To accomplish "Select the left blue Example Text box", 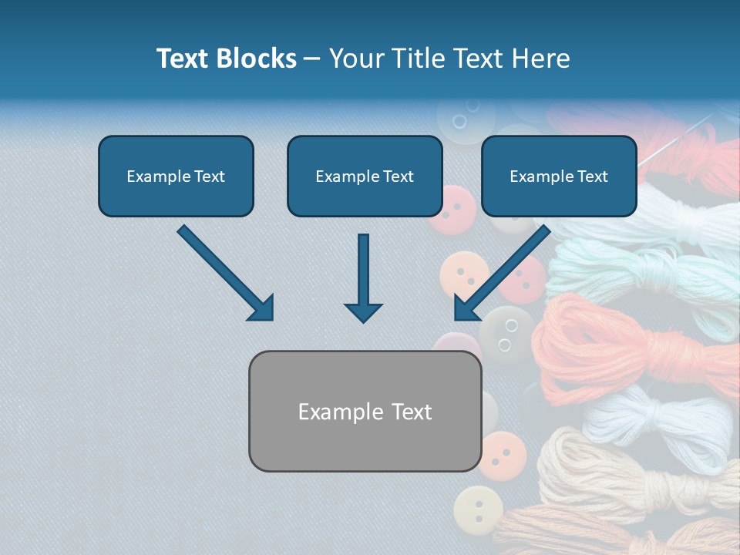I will [176, 176].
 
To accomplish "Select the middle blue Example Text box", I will [365, 176].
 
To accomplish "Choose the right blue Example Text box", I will [559, 176].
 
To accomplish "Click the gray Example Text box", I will [365, 411].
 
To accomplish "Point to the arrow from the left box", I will [226, 273].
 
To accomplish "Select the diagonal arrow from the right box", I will [501, 273].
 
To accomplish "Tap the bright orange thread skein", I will [617, 339].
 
